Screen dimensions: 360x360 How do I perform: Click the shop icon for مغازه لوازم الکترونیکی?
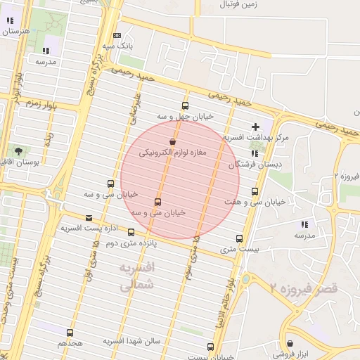[x=172, y=142]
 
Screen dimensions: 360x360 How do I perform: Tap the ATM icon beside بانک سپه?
[x=117, y=36]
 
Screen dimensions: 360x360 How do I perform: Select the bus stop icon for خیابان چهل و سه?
[x=185, y=106]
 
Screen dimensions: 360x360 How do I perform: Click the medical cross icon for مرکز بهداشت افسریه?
[x=255, y=127]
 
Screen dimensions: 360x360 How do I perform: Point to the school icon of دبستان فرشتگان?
[x=255, y=153]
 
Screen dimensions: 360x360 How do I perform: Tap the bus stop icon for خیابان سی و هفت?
[x=255, y=191]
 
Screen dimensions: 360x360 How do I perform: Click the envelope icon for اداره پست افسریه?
[x=89, y=218]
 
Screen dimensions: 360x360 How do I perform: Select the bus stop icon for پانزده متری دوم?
[x=131, y=232]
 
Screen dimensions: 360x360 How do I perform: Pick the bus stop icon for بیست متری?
[x=240, y=238]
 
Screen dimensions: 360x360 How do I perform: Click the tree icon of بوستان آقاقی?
[x=18, y=151]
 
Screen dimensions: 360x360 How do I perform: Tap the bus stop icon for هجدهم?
[x=70, y=333]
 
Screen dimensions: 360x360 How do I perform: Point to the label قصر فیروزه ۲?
[x=304, y=288]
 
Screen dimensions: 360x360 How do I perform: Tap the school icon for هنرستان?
[x=9, y=22]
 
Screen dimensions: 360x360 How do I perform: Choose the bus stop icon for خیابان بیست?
[x=210, y=347]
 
